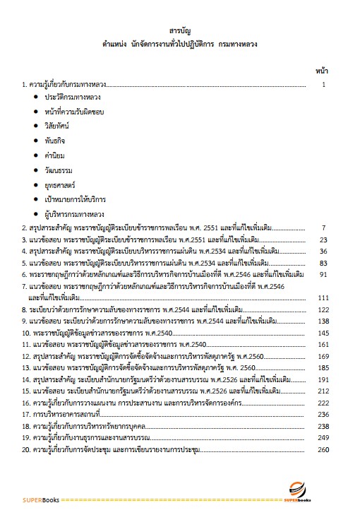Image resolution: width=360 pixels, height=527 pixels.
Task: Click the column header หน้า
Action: [x=321, y=71]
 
